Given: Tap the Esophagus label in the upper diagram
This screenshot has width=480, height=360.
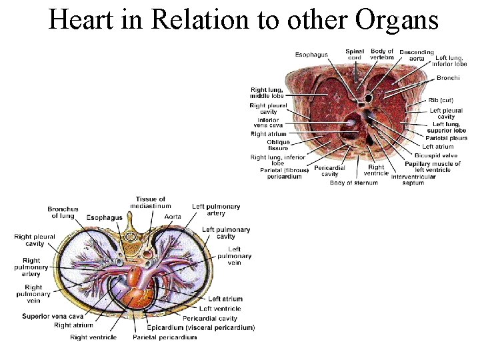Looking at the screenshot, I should pos(311,55).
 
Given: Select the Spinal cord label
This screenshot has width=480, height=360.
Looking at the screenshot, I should pos(355,55).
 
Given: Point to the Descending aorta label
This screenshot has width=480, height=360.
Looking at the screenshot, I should pos(417,55).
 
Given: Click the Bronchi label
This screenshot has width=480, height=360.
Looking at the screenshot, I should pos(448,79).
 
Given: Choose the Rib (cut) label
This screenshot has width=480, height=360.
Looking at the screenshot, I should pos(443,101).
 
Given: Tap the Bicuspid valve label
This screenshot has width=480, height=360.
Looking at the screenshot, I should pos(436,155).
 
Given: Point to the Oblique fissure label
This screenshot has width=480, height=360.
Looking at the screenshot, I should pos(278,145).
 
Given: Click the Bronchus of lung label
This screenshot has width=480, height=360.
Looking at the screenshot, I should pos(63,213).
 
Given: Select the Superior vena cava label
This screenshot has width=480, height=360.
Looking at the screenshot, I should pos(52,316).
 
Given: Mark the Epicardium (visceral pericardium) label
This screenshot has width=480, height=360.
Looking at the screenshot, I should pos(201,327).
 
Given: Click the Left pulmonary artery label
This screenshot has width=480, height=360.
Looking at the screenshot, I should pos(208,210).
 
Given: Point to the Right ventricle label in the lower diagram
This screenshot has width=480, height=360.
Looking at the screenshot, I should pos(93,337).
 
